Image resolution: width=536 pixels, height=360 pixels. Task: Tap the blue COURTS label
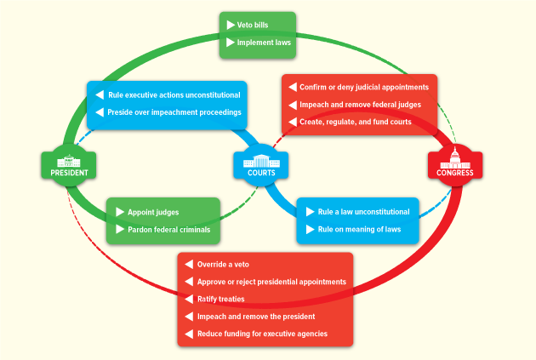[260, 172]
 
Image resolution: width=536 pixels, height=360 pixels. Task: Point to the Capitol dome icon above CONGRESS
[455, 157]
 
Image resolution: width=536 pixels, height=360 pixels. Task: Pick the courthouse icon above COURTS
[260, 160]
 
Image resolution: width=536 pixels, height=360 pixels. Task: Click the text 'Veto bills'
[253, 25]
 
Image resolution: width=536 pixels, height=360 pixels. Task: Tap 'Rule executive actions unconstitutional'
[174, 95]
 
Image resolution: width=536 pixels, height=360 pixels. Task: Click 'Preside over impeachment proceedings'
[174, 112]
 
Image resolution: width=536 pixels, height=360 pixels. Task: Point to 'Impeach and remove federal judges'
[359, 105]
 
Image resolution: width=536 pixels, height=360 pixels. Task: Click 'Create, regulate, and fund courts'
[356, 122]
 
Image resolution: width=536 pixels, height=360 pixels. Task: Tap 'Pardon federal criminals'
[168, 229]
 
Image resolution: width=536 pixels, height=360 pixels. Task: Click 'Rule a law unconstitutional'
[363, 212]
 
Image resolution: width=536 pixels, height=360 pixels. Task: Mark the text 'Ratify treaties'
[220, 299]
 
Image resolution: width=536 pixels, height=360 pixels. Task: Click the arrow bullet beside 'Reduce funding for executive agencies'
[189, 334]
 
